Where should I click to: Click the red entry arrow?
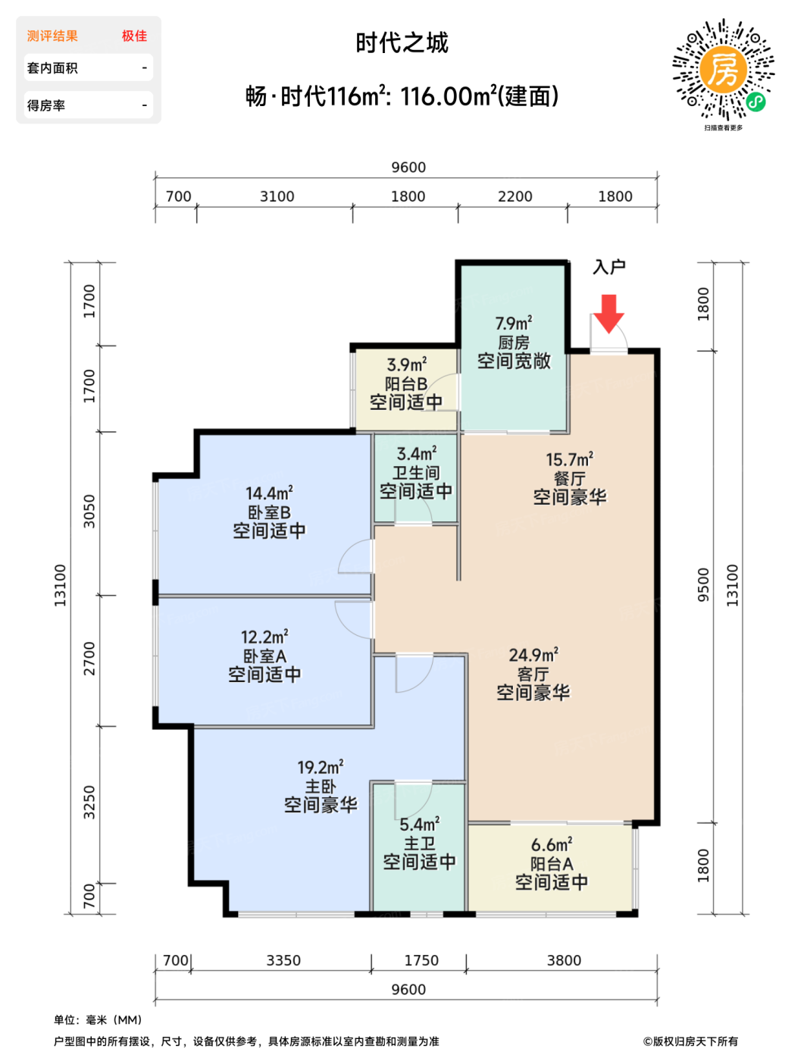coord(608,312)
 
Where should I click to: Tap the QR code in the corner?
coord(723,70)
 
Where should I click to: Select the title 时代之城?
coord(402,42)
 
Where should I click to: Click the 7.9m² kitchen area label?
coord(513,324)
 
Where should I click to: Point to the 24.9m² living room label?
coord(533,655)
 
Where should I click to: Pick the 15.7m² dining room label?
coord(569,459)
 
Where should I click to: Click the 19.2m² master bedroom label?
coord(320,767)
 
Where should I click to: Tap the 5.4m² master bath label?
coord(419,824)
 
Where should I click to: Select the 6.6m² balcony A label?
coord(552,844)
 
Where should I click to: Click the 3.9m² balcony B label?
coord(406,365)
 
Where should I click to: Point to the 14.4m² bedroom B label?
coord(269,493)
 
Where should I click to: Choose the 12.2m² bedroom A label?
coord(264,637)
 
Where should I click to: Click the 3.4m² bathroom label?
coord(416,453)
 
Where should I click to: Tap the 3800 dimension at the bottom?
coord(563,960)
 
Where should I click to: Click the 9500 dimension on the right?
coord(703,584)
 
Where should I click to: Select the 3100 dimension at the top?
coord(277,196)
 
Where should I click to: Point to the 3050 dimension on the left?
coord(89,511)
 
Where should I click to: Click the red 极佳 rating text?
coord(134,36)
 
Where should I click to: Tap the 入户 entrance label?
coord(608,267)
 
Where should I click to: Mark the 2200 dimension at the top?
coord(515,196)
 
